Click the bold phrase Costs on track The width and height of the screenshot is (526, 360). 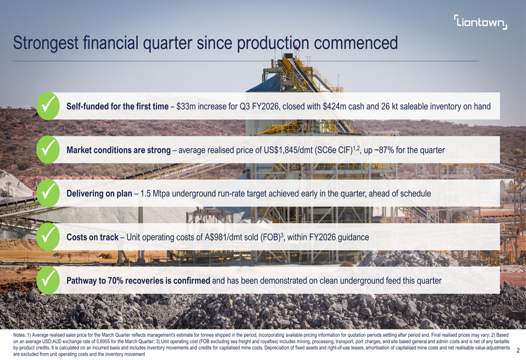click(x=92, y=238)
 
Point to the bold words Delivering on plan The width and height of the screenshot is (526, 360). click(x=99, y=194)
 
